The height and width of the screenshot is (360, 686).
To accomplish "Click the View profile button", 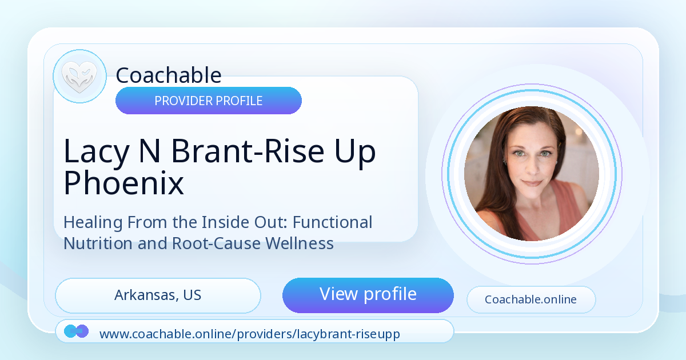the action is point(368,295).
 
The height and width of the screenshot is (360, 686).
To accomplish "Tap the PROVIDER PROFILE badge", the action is point(209,101).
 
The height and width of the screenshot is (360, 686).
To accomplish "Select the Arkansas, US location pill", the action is point(158,295).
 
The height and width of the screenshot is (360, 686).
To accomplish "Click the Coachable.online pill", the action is point(531,299).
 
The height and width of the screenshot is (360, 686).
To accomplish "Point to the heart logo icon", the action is point(79,77).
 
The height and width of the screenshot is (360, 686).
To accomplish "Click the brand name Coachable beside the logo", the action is point(169,75).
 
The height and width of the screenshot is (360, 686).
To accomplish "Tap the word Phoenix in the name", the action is point(123,183).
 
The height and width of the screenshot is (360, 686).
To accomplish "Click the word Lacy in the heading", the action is point(97,151).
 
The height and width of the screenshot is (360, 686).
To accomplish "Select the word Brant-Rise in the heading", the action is point(248,151).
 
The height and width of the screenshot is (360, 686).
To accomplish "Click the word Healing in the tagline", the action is point(93,222).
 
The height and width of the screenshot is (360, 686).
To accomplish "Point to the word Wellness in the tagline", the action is point(299,243).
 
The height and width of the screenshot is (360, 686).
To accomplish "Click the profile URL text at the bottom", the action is point(250,334).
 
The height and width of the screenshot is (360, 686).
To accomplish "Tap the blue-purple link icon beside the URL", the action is point(76,331).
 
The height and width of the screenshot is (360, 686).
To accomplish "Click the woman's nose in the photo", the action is point(533,168).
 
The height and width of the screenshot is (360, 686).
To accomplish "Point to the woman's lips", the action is point(532,183).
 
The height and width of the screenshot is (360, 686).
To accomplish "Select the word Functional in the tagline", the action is point(333,222).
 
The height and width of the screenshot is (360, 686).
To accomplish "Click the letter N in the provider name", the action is point(150,150).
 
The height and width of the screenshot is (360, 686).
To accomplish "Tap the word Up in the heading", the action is point(355,154).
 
